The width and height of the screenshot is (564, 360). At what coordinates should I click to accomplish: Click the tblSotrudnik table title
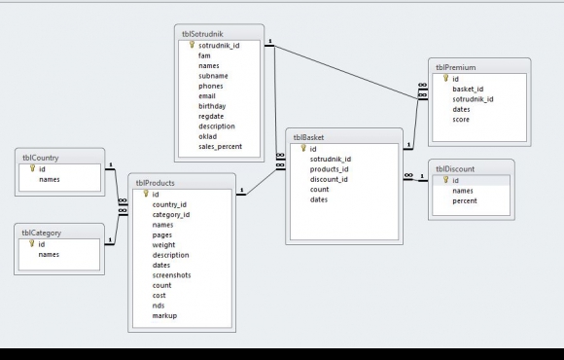click(x=202, y=34)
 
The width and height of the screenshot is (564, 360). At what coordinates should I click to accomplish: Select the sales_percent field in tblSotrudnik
click(x=220, y=147)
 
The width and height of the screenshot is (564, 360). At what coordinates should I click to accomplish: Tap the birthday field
click(x=212, y=106)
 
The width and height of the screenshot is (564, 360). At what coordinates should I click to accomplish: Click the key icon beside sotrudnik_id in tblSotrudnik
click(x=193, y=45)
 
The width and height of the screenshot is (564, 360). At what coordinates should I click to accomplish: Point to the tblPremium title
click(x=456, y=68)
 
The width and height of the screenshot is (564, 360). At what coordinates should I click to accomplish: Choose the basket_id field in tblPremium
click(x=468, y=89)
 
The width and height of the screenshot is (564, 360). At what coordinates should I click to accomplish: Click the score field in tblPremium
click(x=461, y=120)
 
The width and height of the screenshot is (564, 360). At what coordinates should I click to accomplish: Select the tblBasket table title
click(x=308, y=137)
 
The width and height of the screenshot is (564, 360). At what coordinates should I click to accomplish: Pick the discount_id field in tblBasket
click(x=329, y=179)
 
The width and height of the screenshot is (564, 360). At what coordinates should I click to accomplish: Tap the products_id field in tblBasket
click(x=329, y=169)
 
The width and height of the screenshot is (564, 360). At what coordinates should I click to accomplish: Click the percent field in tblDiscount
click(x=465, y=200)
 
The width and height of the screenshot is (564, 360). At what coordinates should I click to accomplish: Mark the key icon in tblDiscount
click(x=446, y=180)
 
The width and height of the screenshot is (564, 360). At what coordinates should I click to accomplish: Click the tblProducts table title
click(x=155, y=183)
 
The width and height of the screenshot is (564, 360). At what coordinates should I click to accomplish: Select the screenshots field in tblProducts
click(x=171, y=275)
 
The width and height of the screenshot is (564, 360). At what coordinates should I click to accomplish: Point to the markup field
click(x=164, y=315)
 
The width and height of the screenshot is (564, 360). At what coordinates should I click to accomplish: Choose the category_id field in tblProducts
click(x=171, y=215)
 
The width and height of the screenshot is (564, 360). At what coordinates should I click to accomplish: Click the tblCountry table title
click(x=41, y=158)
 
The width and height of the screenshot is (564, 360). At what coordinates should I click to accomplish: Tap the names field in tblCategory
click(x=49, y=255)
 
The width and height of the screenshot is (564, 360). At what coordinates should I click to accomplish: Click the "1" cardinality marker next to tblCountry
click(x=111, y=164)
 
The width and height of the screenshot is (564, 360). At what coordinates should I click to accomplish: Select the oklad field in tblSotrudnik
click(x=207, y=136)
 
